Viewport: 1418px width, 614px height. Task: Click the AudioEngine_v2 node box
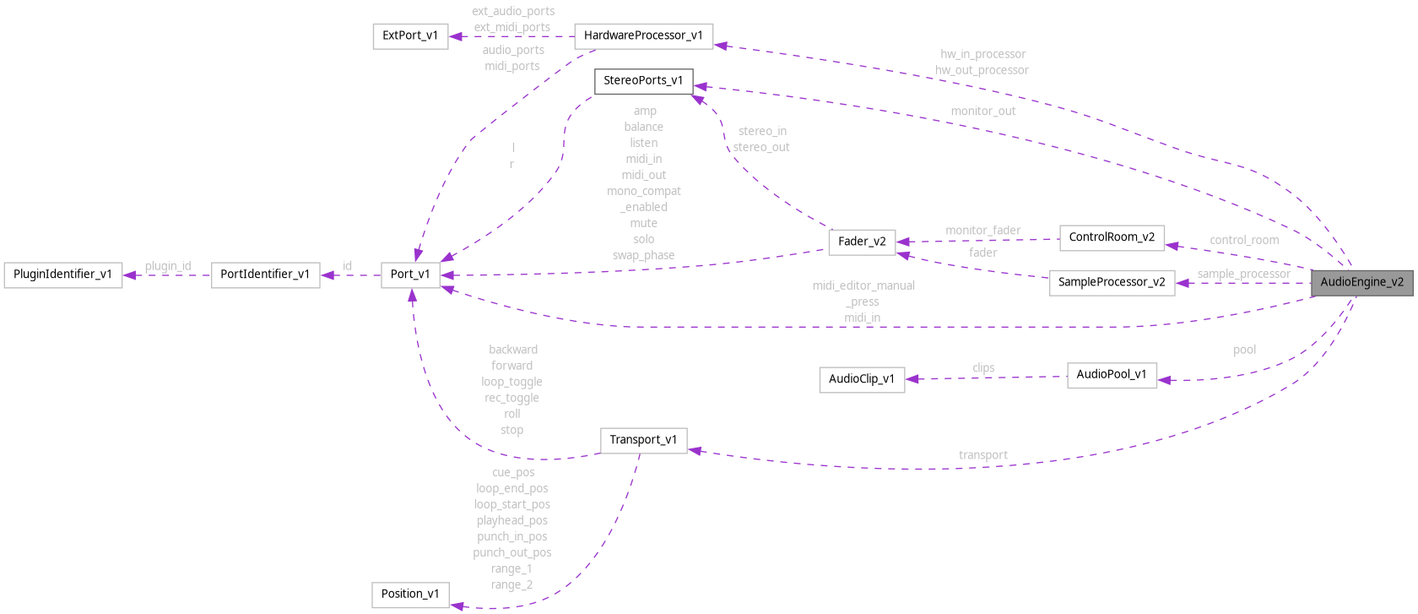1361,282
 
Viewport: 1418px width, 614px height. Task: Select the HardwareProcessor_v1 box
643,35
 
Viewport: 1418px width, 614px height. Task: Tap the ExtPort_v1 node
410,35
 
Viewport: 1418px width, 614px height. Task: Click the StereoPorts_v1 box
643,81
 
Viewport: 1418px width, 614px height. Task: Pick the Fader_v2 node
862,242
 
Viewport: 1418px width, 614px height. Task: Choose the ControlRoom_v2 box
1112,237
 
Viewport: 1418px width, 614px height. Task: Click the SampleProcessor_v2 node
1112,282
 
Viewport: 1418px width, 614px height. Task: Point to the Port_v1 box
410,274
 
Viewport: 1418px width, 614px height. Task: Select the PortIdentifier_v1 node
265,274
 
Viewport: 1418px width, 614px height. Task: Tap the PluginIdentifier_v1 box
62,274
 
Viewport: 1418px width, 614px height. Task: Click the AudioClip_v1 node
862,379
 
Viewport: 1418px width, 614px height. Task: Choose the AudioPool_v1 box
1112,374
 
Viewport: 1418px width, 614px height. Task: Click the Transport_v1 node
643,440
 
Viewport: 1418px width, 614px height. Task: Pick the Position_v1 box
410,594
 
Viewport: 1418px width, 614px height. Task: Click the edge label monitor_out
982,111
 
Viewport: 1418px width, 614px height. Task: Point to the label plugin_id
167,266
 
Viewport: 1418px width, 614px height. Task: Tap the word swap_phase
643,255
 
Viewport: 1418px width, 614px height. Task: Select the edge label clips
982,368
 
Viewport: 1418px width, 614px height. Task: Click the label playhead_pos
511,520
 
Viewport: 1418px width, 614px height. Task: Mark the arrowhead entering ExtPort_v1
455,36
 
